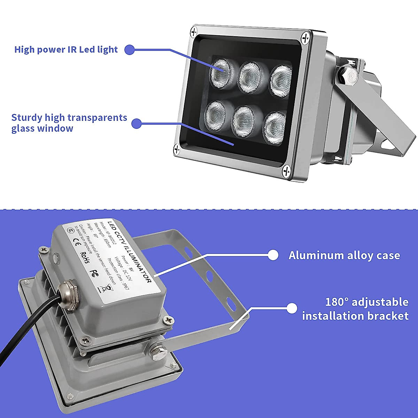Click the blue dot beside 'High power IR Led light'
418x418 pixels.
coord(129,49)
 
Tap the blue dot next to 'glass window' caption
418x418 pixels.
coord(137,123)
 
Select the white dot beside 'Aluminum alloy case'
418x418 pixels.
coord(273,255)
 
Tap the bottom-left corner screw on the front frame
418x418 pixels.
coord(177,149)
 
